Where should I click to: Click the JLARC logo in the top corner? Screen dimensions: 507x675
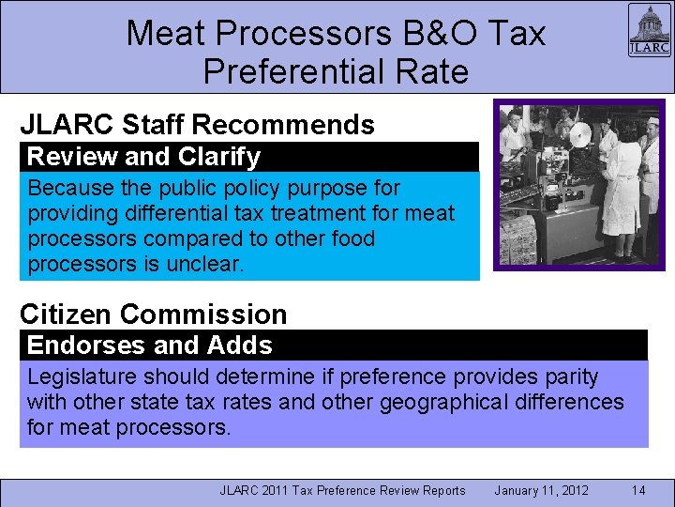648,32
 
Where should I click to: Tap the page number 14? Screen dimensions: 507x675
638,490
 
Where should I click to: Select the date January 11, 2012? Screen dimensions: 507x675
542,490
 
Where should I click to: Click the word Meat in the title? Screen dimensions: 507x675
165,34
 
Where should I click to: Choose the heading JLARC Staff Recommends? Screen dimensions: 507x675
197,125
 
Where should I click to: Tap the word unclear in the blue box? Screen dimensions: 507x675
204,264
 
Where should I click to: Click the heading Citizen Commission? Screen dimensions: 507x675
153,315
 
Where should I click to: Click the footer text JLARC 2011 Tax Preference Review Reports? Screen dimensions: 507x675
342,490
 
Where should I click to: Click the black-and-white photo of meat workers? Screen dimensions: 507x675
578,184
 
